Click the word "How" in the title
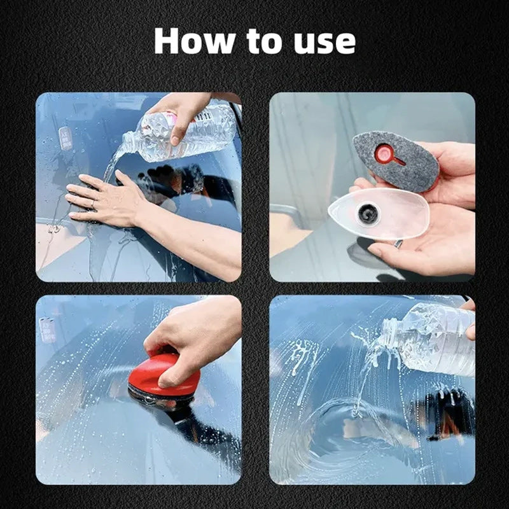click(x=193, y=41)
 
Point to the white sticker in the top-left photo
click(x=65, y=137)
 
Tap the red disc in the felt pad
click(x=384, y=153)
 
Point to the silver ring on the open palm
click(x=397, y=243)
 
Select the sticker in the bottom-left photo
click(x=48, y=330)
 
